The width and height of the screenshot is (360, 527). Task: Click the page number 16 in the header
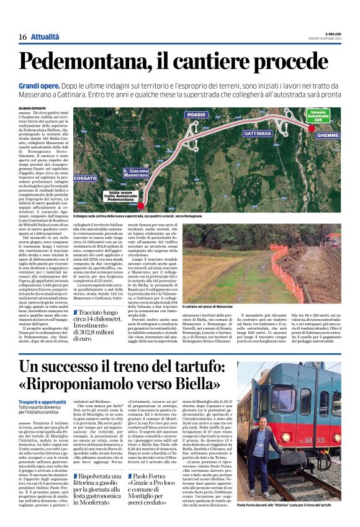[x=22, y=37]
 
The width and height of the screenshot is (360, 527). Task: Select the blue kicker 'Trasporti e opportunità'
[x=42, y=402]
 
